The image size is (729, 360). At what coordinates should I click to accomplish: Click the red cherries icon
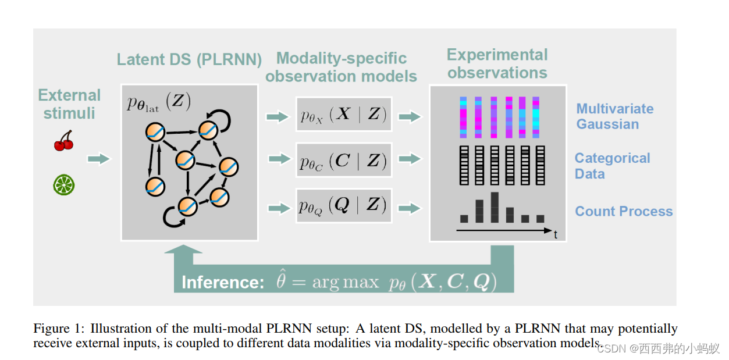pyautogui.click(x=63, y=140)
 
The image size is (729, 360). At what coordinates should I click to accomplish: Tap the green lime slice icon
pyautogui.click(x=63, y=185)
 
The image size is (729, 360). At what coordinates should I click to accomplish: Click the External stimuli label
pyautogui.click(x=69, y=104)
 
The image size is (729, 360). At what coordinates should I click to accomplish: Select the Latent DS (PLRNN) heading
pyautogui.click(x=189, y=60)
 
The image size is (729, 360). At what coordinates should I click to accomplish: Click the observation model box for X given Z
pyautogui.click(x=343, y=115)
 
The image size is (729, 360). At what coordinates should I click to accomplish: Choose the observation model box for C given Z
pyautogui.click(x=343, y=160)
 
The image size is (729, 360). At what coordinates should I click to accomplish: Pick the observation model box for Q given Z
pyautogui.click(x=343, y=206)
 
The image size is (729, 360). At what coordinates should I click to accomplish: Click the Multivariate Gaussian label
pyautogui.click(x=614, y=116)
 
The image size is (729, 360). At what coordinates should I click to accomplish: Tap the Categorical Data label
pyautogui.click(x=612, y=166)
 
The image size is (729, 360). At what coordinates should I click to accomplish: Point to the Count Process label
pyautogui.click(x=624, y=211)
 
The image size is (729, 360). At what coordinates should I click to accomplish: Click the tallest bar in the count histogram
pyautogui.click(x=495, y=208)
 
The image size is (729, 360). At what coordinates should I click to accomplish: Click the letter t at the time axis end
pyautogui.click(x=556, y=235)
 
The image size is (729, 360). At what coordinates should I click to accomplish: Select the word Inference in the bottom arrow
pyautogui.click(x=223, y=283)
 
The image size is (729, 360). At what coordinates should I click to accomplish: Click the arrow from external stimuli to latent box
pyautogui.click(x=98, y=159)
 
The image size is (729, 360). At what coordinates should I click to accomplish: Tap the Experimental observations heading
pyautogui.click(x=497, y=64)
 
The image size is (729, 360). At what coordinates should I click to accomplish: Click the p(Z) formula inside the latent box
pyautogui.click(x=158, y=102)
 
